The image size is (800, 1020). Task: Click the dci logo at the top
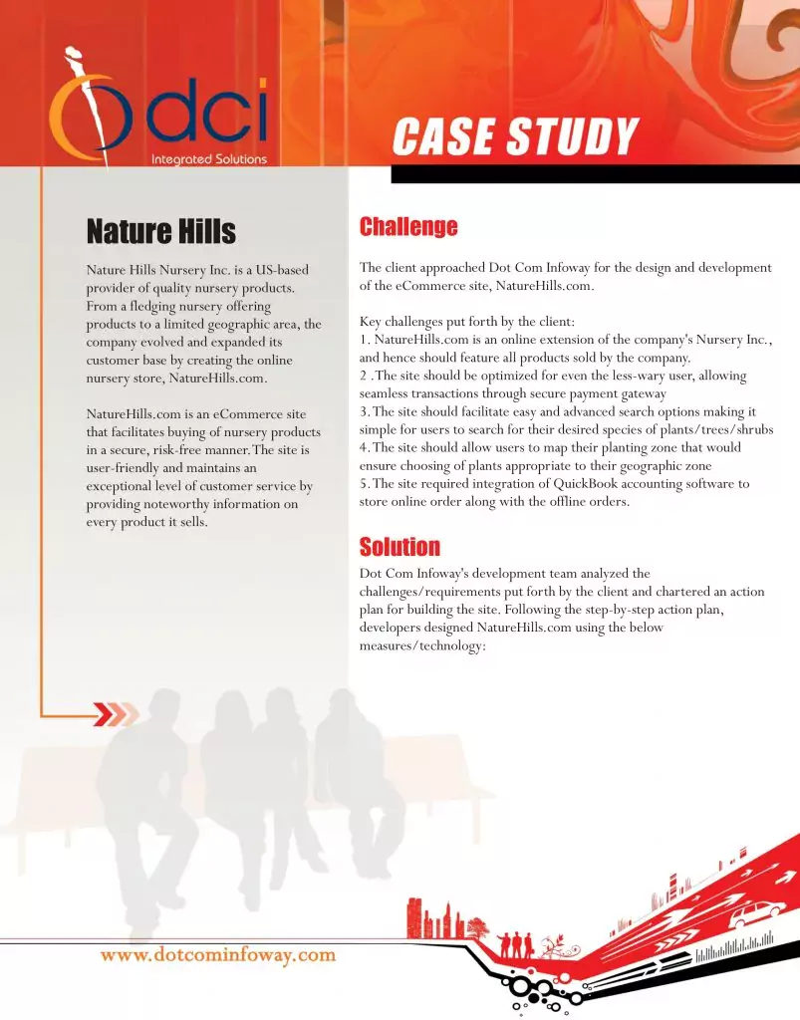[159, 110]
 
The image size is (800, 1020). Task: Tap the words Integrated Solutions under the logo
[208, 158]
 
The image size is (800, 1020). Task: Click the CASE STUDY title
[514, 137]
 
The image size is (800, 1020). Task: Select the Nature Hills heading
[161, 232]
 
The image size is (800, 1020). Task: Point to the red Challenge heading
[408, 227]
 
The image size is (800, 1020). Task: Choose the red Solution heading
[400, 547]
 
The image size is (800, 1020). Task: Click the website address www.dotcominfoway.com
[218, 954]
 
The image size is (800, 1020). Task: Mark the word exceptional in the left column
[126, 486]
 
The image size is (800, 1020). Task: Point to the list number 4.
[364, 448]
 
